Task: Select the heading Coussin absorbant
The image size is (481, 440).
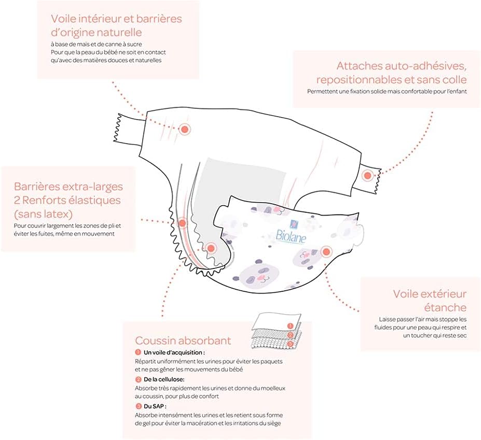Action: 183,340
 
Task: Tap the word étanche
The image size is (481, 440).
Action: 443,307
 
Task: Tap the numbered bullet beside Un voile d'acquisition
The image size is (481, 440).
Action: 138,352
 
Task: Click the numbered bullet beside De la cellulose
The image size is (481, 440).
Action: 138,379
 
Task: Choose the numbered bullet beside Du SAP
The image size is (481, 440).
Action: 138,406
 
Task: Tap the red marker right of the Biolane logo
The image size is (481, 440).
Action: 326,252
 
